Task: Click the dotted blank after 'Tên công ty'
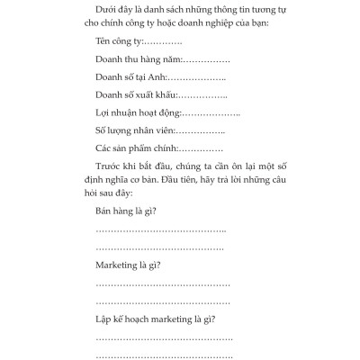point(165,42)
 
